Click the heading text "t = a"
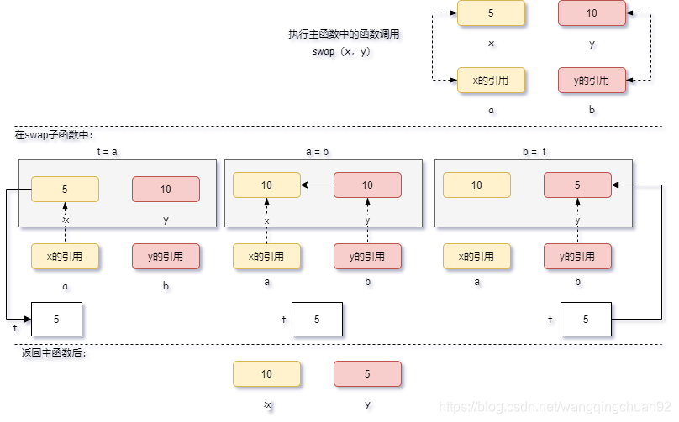(x=107, y=152)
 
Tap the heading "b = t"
(x=534, y=152)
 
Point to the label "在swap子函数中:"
(x=54, y=134)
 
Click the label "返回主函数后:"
(x=54, y=353)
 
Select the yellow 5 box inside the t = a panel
(x=65, y=190)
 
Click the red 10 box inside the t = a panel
(x=166, y=190)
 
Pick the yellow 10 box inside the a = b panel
(x=266, y=185)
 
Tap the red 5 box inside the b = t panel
(x=577, y=185)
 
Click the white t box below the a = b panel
(x=317, y=319)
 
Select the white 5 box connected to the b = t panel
(x=586, y=319)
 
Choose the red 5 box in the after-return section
(x=367, y=374)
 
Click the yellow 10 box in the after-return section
(x=266, y=374)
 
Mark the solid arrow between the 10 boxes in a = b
(x=317, y=185)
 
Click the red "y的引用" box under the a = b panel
(x=367, y=257)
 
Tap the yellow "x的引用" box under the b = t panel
(x=476, y=257)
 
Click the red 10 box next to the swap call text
(x=592, y=13)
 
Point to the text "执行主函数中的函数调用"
(x=344, y=35)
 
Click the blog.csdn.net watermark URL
(x=555, y=407)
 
